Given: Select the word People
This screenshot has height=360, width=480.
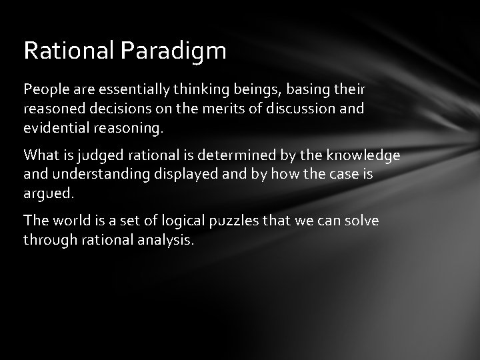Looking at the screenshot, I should (x=44, y=89).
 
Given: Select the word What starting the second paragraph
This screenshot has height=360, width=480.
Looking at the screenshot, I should (x=41, y=155).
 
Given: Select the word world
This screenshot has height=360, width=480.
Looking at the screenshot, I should (x=69, y=221).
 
